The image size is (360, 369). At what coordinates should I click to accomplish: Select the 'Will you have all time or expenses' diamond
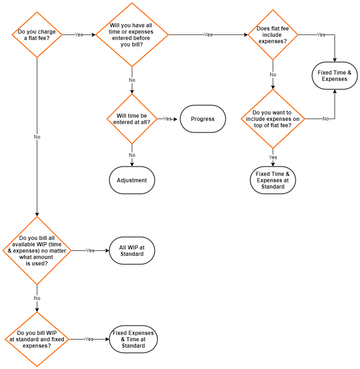coord(132,35)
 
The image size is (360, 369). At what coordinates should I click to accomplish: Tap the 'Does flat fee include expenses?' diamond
coord(273,35)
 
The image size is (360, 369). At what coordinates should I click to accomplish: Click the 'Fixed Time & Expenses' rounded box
coord(335,76)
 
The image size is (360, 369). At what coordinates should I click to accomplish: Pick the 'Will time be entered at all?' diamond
coord(132,119)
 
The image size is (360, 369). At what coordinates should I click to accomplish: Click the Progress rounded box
coord(203,119)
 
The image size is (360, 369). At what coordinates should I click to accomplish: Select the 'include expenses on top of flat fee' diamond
coord(273,119)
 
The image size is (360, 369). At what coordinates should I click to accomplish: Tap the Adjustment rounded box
coord(132,180)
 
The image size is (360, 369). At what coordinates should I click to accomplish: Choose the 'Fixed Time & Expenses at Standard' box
coord(273,180)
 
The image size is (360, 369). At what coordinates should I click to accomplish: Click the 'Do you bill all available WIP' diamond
coord(37,250)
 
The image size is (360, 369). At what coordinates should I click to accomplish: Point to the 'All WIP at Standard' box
coord(132,250)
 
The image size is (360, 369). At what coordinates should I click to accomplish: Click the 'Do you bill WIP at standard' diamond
coord(37,339)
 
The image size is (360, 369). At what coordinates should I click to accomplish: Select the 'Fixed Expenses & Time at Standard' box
coord(133,339)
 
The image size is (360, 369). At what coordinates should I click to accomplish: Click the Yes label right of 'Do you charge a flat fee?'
coord(79,35)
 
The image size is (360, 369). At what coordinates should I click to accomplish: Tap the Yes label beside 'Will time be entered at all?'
coord(167,119)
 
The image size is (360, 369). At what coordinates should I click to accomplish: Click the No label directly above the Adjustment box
coord(132,155)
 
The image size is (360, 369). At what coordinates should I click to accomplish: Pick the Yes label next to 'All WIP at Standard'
coord(90,250)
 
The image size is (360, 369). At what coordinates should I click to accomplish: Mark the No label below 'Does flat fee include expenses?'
coord(273,75)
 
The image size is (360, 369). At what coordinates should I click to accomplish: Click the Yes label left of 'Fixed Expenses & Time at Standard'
coord(89,339)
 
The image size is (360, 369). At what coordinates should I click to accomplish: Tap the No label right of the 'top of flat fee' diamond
coord(325,119)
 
